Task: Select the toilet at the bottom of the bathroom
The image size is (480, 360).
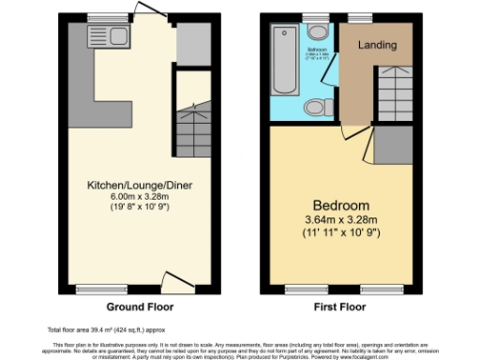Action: point(316,107)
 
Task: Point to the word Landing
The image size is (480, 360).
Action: point(377,45)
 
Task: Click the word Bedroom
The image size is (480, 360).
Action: point(340,204)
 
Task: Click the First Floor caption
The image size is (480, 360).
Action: point(340,307)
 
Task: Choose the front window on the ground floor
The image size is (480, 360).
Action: point(90,289)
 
